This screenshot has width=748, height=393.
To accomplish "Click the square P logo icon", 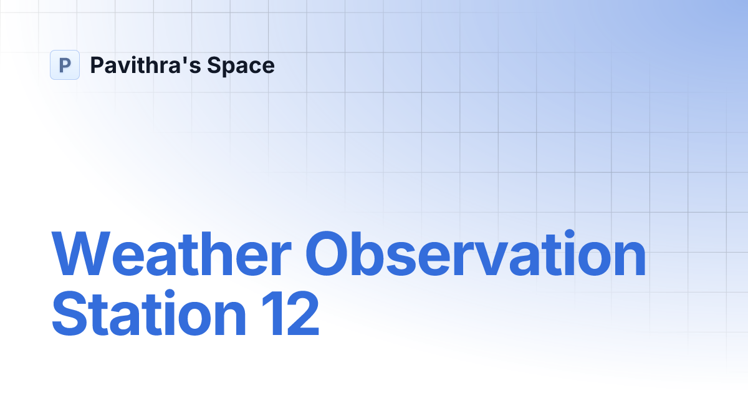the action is pos(65,65).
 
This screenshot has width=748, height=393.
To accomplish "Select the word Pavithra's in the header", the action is pos(146,65).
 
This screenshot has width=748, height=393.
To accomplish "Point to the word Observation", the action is pos(476,253).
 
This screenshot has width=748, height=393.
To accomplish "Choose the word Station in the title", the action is pos(148,313).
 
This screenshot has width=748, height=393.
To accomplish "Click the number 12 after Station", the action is pos(290,313).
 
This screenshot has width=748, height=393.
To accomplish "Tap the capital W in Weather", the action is pos(81,253).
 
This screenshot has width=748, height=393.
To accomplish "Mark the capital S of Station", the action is pos(69,313).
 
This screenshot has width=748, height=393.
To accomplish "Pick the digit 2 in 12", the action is pos(303,313).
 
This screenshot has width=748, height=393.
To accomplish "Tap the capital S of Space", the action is pos(214,65).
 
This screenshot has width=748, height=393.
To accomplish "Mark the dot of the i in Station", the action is pos(170,294).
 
